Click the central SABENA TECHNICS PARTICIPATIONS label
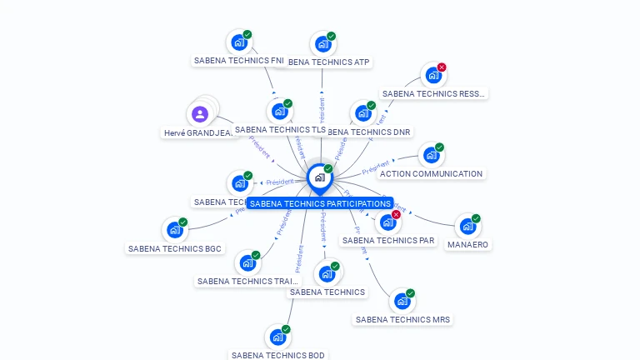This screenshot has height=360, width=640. (320, 203)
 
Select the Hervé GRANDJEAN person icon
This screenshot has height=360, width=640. (200, 114)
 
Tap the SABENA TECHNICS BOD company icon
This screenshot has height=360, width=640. (277, 338)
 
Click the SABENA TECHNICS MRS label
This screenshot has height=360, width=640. (403, 319)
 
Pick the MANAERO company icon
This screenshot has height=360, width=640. (467, 227)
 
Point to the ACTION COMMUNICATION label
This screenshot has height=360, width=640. (431, 174)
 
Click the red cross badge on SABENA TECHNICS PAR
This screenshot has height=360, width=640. (396, 214)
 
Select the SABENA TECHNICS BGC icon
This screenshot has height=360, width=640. (174, 230)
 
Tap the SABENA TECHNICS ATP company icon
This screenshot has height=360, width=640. (322, 45)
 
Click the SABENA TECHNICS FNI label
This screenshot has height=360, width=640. (238, 61)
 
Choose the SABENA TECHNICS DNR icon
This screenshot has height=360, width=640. (362, 114)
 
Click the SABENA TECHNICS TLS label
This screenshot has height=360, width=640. (280, 130)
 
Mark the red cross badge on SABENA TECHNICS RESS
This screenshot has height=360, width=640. (442, 67)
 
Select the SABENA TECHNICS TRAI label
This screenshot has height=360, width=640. (247, 282)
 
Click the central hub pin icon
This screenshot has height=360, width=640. (319, 177)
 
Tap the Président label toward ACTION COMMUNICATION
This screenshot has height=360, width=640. (376, 168)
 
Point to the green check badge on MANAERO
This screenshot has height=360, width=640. (476, 218)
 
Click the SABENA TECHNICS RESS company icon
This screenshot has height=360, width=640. (432, 76)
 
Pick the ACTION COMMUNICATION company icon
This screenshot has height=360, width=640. (430, 156)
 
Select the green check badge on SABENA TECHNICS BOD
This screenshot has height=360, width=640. (286, 330)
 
